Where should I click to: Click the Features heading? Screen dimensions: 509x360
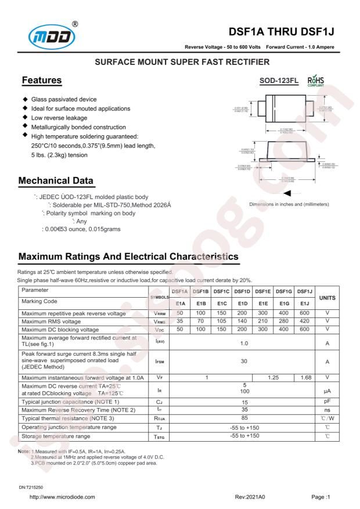pos(42,80)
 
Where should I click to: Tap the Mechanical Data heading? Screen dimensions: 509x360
pos(61,181)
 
